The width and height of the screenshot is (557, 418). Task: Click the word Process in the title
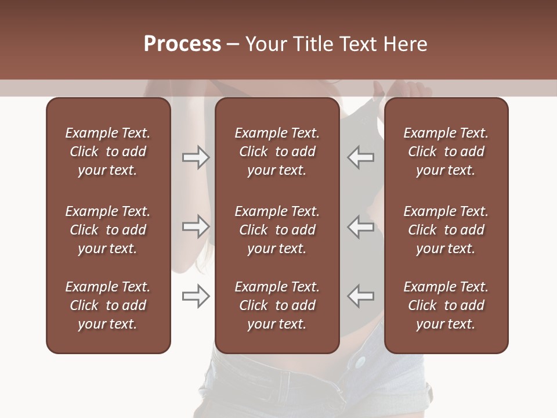(182, 44)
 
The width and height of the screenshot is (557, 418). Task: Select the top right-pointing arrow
(196, 157)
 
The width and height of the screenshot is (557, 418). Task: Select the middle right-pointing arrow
(196, 226)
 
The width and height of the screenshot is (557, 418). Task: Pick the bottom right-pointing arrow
(196, 296)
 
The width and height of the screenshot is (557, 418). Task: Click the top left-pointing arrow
(360, 157)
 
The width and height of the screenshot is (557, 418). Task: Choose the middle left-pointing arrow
(360, 226)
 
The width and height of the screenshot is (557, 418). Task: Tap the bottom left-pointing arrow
(360, 296)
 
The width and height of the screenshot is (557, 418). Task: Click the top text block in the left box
(108, 152)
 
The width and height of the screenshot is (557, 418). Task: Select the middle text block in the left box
(108, 230)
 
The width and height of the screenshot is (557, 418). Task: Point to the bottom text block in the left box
(108, 305)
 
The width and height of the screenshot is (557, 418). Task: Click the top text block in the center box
(277, 152)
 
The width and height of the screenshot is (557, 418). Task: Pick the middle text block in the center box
(277, 230)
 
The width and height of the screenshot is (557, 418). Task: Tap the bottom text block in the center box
(277, 305)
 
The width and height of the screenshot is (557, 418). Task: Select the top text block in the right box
(446, 152)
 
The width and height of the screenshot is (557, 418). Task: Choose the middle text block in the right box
(446, 230)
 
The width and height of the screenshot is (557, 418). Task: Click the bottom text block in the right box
(446, 305)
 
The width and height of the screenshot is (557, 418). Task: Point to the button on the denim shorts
(360, 362)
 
